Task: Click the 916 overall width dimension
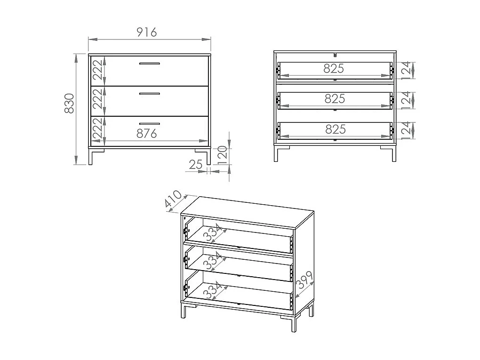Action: tap(146, 32)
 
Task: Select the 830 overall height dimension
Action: tap(69, 103)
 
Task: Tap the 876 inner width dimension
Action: tap(146, 134)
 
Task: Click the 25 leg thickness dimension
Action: tap(195, 164)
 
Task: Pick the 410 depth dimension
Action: tap(173, 200)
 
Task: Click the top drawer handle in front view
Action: tap(149, 64)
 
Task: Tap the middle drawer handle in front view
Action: tap(149, 94)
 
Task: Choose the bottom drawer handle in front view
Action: tap(149, 123)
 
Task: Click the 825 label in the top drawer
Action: tap(334, 69)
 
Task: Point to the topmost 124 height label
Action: tap(407, 70)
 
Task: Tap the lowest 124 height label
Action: tap(407, 130)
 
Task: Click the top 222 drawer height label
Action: tap(97, 71)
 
